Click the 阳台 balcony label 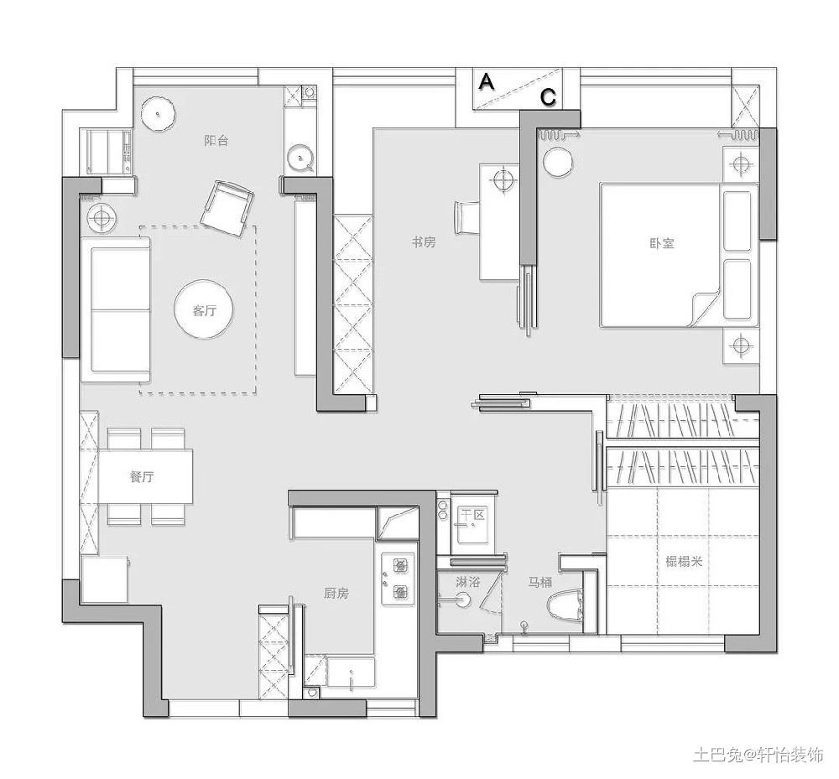click(216, 141)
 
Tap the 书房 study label click(424, 242)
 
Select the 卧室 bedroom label click(662, 243)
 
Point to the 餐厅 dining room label click(143, 476)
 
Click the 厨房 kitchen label click(336, 593)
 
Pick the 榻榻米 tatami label click(684, 561)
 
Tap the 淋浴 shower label click(467, 581)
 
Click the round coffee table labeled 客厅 click(204, 310)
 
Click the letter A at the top click(487, 82)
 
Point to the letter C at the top click(549, 97)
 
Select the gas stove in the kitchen click(398, 579)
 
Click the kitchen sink click(351, 671)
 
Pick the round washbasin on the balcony click(300, 157)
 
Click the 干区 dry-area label click(473, 515)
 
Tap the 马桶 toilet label click(539, 582)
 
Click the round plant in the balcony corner click(159, 114)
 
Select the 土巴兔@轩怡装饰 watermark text click(758, 754)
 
